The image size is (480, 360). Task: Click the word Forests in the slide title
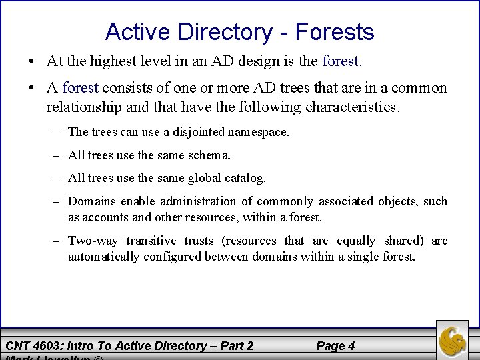point(335,31)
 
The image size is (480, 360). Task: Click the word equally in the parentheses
point(355,241)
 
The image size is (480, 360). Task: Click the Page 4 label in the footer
point(335,345)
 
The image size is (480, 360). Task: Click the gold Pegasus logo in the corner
point(453,339)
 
